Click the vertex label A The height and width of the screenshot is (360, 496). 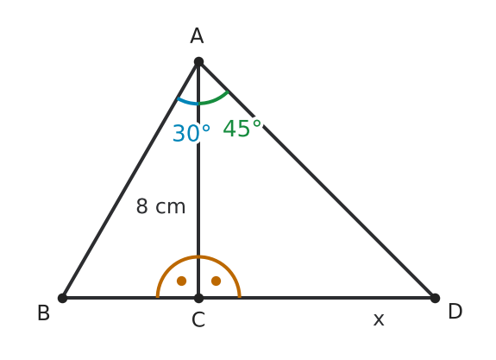click(197, 35)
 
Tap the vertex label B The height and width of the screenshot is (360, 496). click(44, 313)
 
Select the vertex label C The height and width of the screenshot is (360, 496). click(198, 319)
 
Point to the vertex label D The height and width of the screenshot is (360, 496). click(455, 312)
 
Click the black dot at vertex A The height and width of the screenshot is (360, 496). click(198, 62)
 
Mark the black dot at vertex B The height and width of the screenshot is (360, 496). click(63, 298)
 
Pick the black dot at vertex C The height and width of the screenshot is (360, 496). click(198, 298)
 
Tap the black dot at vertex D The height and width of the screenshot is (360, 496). click(435, 298)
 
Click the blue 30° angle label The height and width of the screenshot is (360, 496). click(191, 133)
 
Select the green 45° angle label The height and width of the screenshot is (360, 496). click(242, 129)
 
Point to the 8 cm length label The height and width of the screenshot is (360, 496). click(160, 206)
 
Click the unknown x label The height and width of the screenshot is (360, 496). click(379, 319)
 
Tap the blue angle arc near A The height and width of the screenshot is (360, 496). click(186, 102)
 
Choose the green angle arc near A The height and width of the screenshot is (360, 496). click(215, 100)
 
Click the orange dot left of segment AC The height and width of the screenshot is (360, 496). click(181, 281)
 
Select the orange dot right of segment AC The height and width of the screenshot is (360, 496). click(216, 281)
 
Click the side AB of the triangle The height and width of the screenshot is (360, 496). click(130, 180)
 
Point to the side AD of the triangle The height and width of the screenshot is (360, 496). click(317, 180)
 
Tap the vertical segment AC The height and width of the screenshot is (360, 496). click(198, 180)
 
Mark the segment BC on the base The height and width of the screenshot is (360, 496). click(130, 298)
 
